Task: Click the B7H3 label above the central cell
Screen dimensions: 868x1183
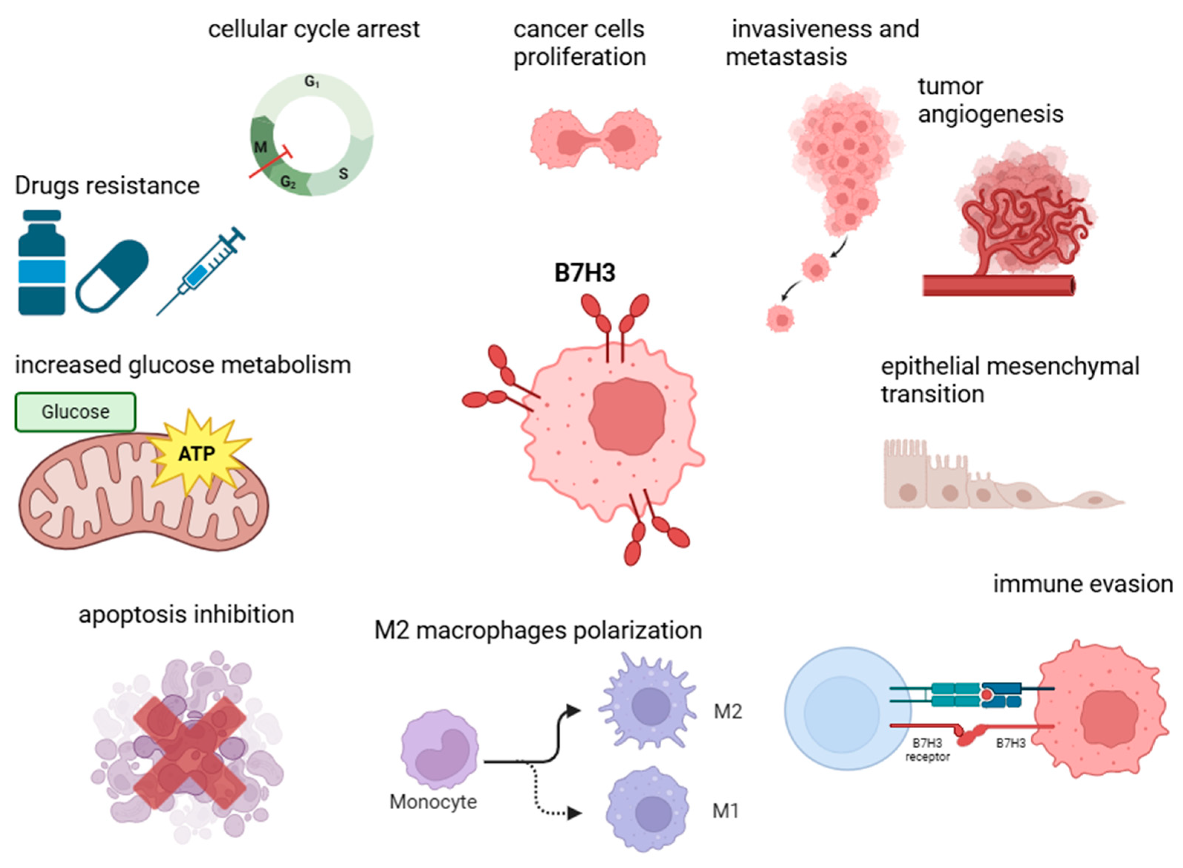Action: [x=584, y=273]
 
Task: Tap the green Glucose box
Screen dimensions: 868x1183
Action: [x=75, y=412]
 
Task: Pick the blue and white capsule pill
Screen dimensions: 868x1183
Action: [x=112, y=276]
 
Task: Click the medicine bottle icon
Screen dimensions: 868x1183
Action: [x=42, y=263]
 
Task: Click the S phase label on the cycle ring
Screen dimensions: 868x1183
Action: [x=343, y=173]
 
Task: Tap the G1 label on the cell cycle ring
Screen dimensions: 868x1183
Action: [x=312, y=82]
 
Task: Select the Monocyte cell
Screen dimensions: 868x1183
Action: [x=439, y=748]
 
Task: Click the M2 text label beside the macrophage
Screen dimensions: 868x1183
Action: [x=727, y=711]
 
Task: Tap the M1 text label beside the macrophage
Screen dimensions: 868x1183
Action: [x=725, y=811]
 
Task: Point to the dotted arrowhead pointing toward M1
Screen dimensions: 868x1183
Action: [x=574, y=813]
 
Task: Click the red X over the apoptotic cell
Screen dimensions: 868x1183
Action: [x=189, y=752]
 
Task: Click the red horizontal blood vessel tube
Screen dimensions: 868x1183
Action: [x=998, y=285]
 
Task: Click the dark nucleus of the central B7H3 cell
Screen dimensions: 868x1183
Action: [x=626, y=416]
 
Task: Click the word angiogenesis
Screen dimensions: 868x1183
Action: [x=990, y=114]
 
